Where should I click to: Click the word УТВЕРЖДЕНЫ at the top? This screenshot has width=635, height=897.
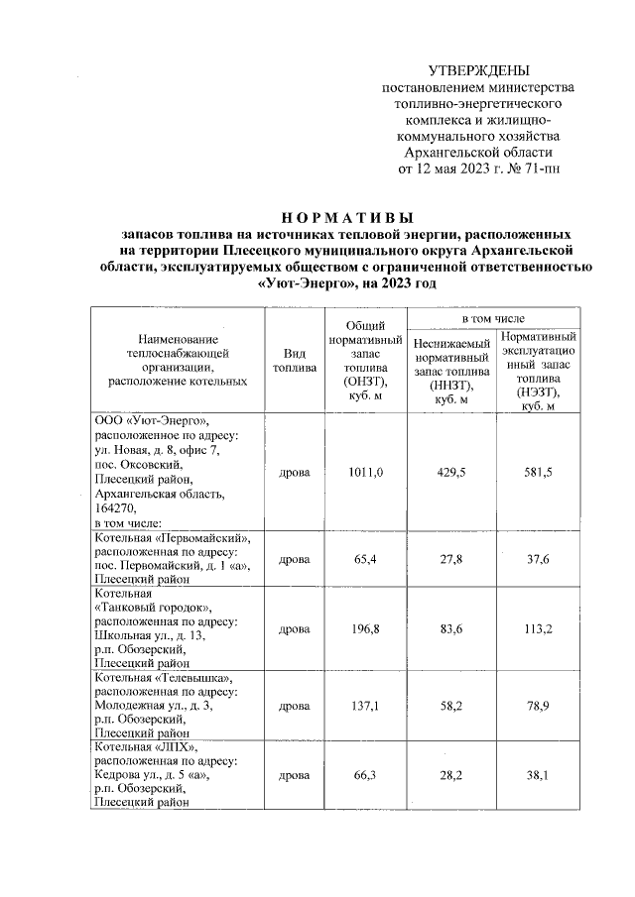coord(478,71)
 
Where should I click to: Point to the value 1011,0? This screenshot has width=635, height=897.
coord(366,472)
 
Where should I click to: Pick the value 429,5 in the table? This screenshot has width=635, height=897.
coord(451,472)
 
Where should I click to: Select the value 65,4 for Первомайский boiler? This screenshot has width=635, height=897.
coord(366,560)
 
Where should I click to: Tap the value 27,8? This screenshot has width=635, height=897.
coord(451,560)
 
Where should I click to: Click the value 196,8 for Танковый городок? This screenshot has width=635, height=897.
coord(366,628)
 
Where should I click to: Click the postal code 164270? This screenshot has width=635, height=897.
coord(116,506)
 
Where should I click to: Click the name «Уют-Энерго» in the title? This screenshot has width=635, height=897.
coord(302,283)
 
